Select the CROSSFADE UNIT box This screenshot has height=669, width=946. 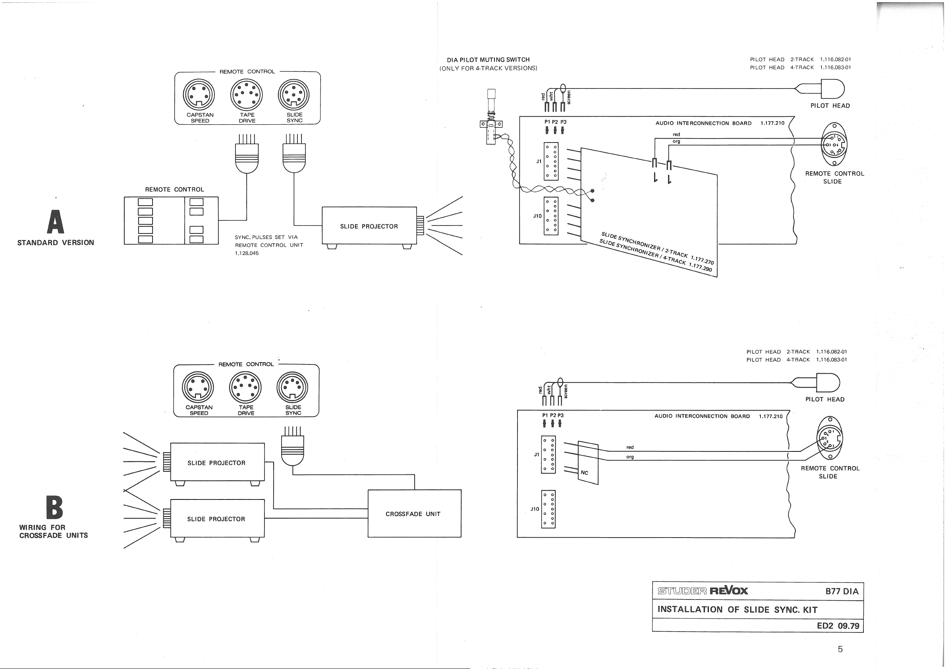tap(414, 513)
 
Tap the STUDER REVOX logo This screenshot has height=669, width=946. tap(703, 591)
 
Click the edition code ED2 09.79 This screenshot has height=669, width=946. tap(838, 626)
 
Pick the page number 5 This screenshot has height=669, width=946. tap(840, 649)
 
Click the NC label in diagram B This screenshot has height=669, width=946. tap(584, 472)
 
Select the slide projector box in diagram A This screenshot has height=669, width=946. tap(369, 226)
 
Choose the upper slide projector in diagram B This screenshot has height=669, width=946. tap(217, 462)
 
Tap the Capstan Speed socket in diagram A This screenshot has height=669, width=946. tap(199, 94)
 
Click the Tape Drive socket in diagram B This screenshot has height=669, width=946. tap(245, 387)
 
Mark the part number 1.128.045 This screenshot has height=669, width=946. tap(247, 253)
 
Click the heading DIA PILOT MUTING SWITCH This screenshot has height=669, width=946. tap(488, 60)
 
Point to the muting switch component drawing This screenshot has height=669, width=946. tap(491, 120)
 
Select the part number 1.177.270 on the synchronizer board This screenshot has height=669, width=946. tap(702, 259)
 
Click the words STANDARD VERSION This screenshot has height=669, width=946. tap(56, 243)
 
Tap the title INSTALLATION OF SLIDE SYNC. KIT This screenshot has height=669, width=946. tap(737, 609)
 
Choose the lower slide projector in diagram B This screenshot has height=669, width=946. tap(217, 519)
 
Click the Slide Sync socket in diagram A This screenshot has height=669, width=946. tap(294, 94)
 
